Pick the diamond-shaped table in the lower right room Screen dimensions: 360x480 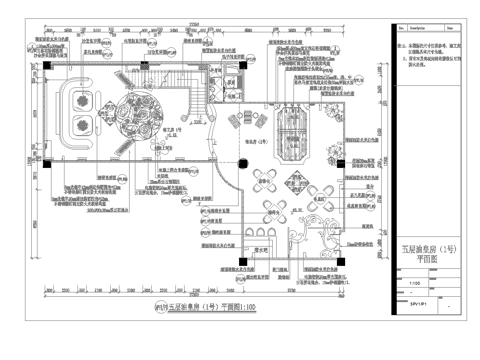click(x=273, y=203)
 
